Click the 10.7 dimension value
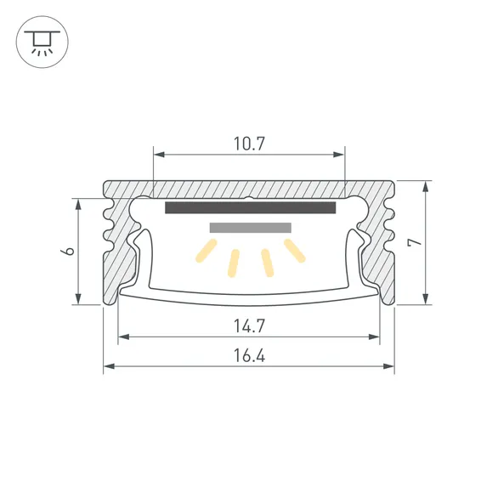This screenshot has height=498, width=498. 249,144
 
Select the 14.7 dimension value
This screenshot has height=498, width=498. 249,325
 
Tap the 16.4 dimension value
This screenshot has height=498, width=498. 249,355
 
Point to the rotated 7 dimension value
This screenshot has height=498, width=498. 415,242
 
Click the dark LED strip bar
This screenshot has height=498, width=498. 250,207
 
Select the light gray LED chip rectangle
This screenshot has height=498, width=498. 250,228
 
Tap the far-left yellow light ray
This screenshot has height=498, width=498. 207,251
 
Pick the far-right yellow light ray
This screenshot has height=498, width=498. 295,251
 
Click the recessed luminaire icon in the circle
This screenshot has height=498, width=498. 42,42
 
